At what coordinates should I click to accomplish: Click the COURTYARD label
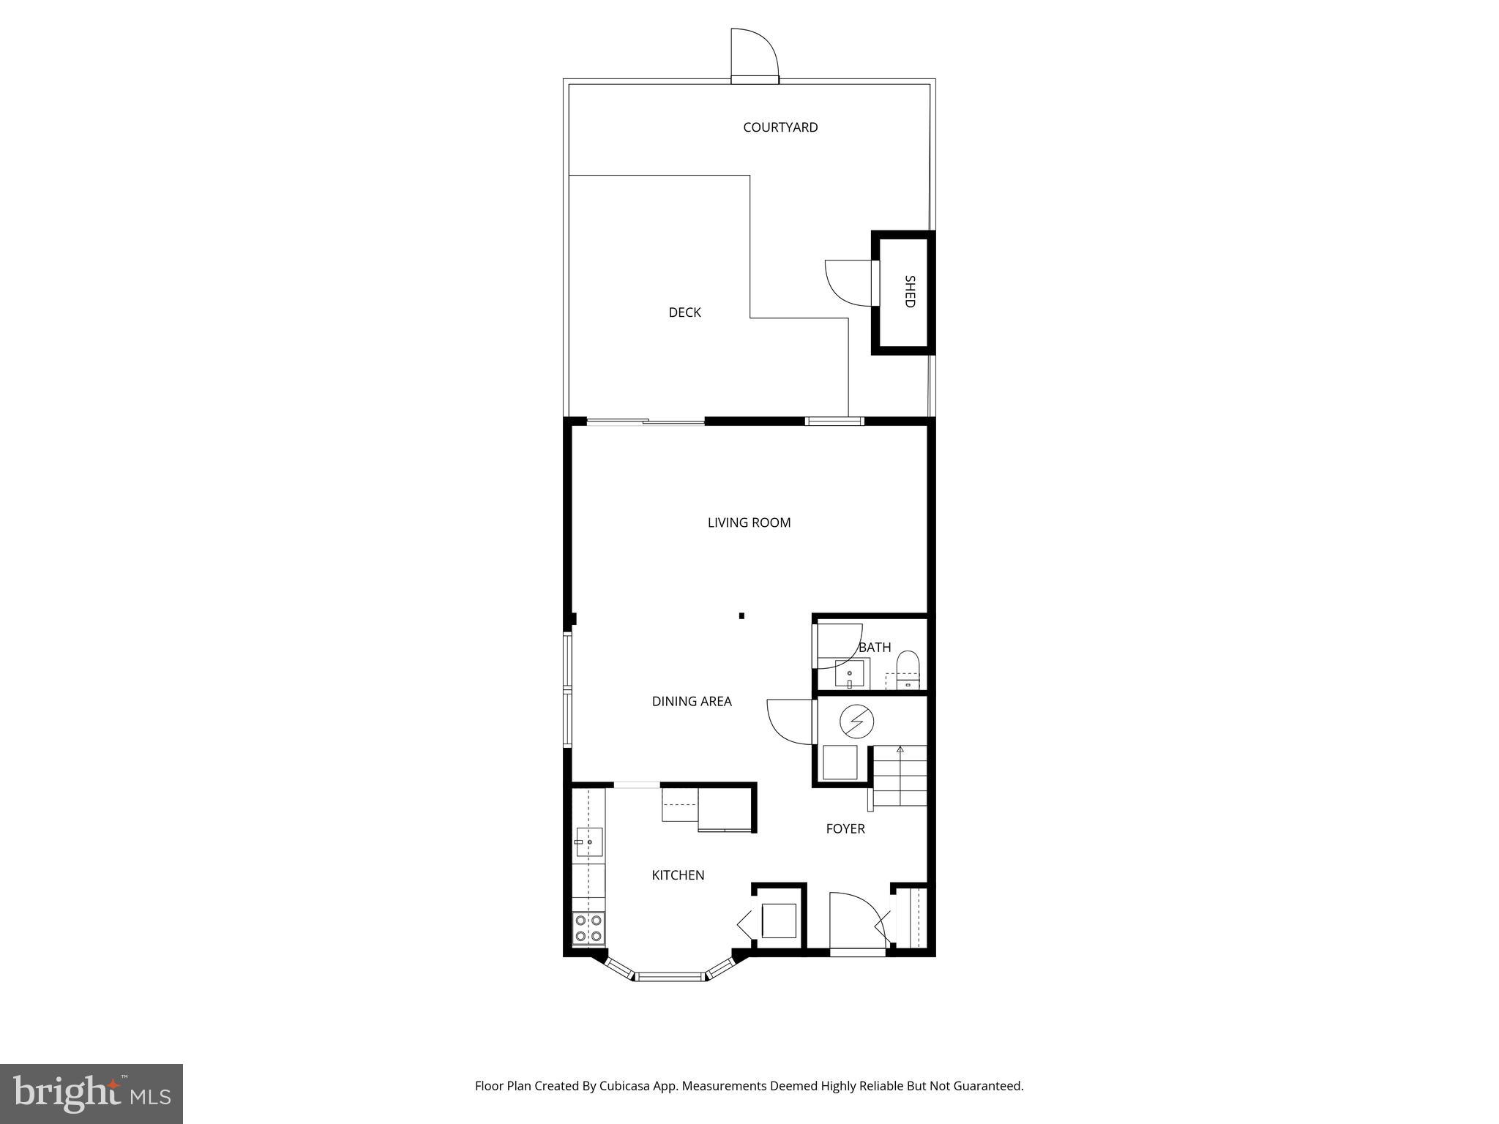tap(780, 127)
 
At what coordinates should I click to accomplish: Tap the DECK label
tap(684, 312)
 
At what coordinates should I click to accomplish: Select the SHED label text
tap(910, 291)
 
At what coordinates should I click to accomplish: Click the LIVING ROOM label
tap(749, 522)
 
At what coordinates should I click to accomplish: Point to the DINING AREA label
tap(692, 701)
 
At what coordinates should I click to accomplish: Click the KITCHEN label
tap(678, 874)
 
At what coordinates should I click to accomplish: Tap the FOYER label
tap(845, 828)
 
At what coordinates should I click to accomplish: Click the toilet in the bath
tap(908, 670)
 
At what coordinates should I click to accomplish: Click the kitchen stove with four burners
tap(588, 929)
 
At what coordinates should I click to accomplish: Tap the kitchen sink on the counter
tap(588, 842)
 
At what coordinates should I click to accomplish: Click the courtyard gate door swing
tap(754, 53)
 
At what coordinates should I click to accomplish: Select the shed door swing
tap(848, 283)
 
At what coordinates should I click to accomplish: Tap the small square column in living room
tap(741, 616)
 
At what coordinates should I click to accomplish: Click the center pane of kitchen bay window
tap(670, 975)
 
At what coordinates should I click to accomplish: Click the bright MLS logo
tap(91, 1093)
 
